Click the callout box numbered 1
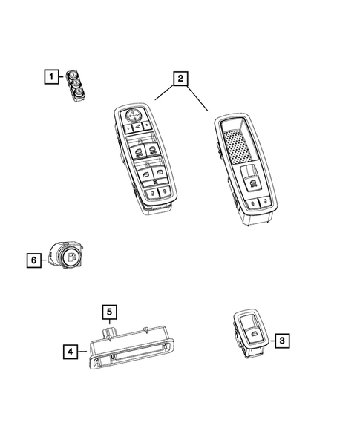pyautogui.click(x=50, y=76)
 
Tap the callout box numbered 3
pyautogui.click(x=282, y=341)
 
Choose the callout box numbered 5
pyautogui.click(x=108, y=312)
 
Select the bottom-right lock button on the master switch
pyautogui.click(x=166, y=191)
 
